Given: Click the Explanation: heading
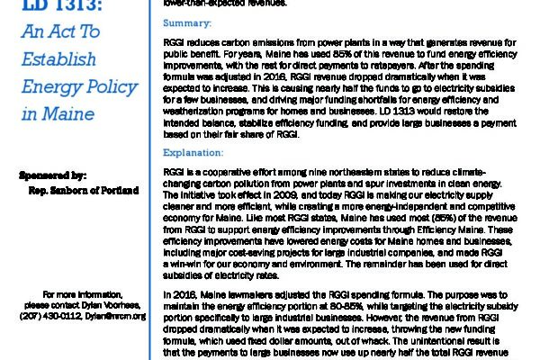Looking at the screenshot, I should coord(192,152).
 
